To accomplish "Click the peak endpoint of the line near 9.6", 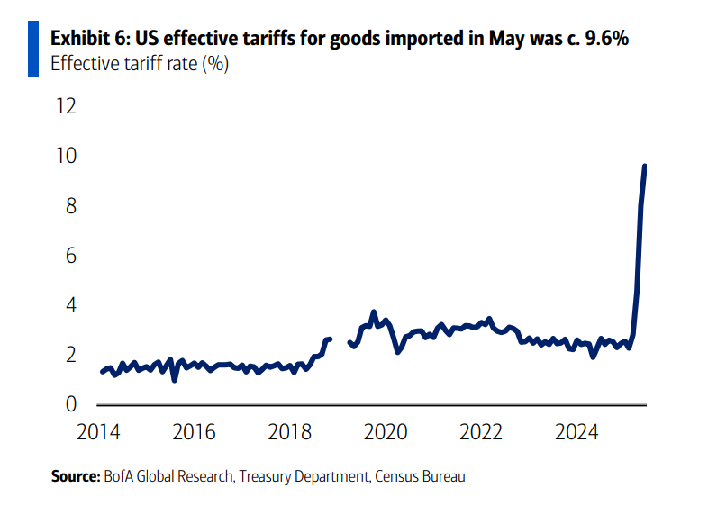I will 645,166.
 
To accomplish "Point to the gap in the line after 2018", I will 340,340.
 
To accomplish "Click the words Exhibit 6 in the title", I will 84,40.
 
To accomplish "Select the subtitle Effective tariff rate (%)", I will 140,65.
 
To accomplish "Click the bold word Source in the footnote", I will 75,476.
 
